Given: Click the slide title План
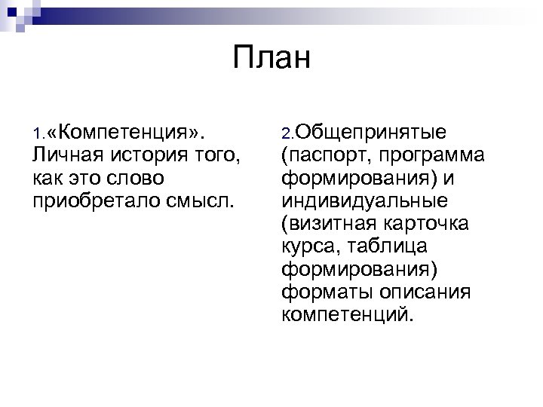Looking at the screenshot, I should (x=271, y=57).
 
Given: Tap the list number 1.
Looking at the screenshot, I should (x=38, y=135).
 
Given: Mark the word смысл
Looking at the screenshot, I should (x=195, y=201).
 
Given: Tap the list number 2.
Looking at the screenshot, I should (x=287, y=135).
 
